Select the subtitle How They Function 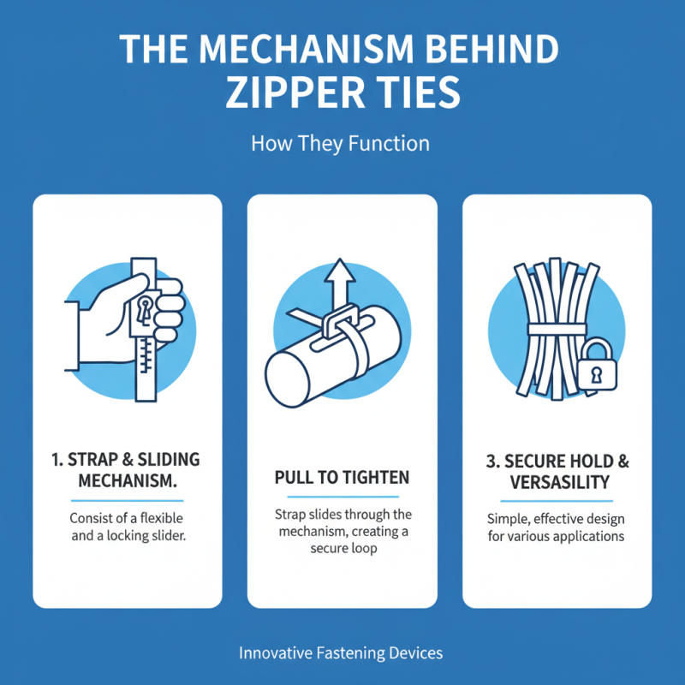point(341,143)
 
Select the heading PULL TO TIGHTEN point(342,478)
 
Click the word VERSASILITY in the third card point(561,483)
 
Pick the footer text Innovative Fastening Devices point(341,653)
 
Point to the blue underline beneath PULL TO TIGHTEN point(342,496)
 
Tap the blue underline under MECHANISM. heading point(127,499)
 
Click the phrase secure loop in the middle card point(342,549)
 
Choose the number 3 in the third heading point(491,462)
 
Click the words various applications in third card point(557,537)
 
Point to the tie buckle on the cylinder point(338,324)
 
